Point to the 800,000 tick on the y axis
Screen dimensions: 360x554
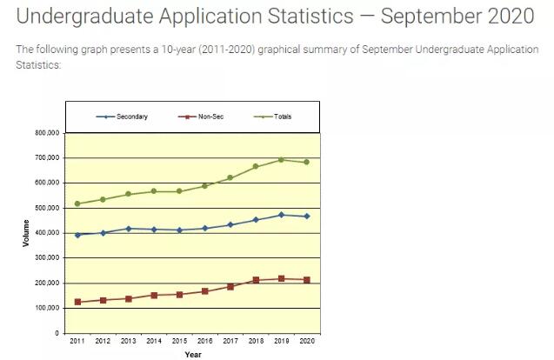coord(46,133)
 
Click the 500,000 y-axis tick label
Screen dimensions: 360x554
coord(46,208)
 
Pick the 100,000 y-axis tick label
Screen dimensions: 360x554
coord(46,309)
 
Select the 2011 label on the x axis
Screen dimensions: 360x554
coord(77,342)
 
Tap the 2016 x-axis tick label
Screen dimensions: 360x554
coord(205,342)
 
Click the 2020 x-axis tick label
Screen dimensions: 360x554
coord(307,342)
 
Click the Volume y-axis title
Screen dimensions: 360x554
coord(26,232)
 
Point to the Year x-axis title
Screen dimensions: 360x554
coord(191,354)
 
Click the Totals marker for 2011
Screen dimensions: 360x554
coord(77,203)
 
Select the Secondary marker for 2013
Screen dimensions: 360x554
coord(129,229)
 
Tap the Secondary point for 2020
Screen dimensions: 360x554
coord(307,217)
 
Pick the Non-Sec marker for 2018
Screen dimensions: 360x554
coord(256,280)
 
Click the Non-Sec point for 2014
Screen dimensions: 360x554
coord(154,296)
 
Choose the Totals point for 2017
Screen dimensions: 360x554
coord(230,177)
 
